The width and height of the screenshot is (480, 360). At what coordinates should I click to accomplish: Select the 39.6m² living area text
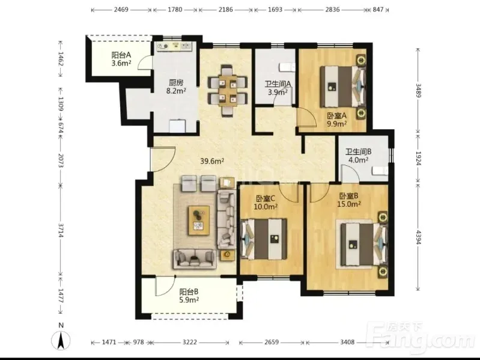pos(212,160)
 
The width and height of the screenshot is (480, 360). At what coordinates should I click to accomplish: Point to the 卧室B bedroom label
pos(348,196)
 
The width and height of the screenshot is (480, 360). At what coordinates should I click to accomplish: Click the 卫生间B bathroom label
pos(359,151)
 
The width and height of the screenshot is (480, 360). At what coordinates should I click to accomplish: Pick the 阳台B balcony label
pos(189,291)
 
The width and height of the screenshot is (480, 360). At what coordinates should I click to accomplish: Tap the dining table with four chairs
pos(228,91)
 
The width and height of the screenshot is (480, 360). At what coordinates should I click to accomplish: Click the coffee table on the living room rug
pos(199,221)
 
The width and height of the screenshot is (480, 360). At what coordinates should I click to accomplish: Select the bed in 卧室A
pos(343,87)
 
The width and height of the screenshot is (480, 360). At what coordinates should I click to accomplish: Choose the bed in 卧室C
pos(264,239)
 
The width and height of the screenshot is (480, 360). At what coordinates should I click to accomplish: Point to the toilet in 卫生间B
pos(380,171)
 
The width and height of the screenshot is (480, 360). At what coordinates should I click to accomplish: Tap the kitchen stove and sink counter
pos(175,46)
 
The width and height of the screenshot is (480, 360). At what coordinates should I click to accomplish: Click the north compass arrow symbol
pos(61,340)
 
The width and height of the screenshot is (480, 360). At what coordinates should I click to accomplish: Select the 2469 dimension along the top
pos(121,10)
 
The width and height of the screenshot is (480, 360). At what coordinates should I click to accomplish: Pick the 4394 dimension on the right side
pos(418,237)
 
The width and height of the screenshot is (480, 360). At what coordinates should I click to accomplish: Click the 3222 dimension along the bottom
pos(190,342)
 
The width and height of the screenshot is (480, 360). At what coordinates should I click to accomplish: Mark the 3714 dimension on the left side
pos(61,231)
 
